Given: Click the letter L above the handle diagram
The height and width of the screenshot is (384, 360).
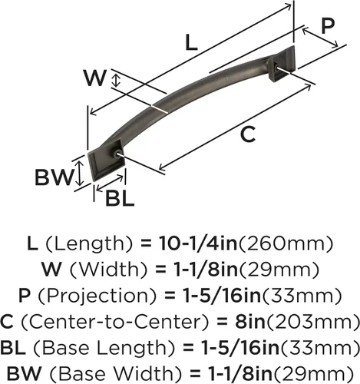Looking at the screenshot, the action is tap(191, 42).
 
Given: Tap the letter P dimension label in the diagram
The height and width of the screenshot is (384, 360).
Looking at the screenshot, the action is tap(328, 26).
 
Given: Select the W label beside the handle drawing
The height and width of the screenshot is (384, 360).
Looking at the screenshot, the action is tap(94, 78).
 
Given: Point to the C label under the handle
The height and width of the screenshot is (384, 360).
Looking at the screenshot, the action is tap(248, 134).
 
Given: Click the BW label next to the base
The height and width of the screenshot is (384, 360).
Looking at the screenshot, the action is tap(54, 177).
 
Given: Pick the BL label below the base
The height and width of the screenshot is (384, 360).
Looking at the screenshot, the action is tap(120, 198).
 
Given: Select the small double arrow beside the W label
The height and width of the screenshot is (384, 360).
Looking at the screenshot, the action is tap(117, 80).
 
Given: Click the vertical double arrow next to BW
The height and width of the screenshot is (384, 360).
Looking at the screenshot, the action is tap(80, 173).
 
